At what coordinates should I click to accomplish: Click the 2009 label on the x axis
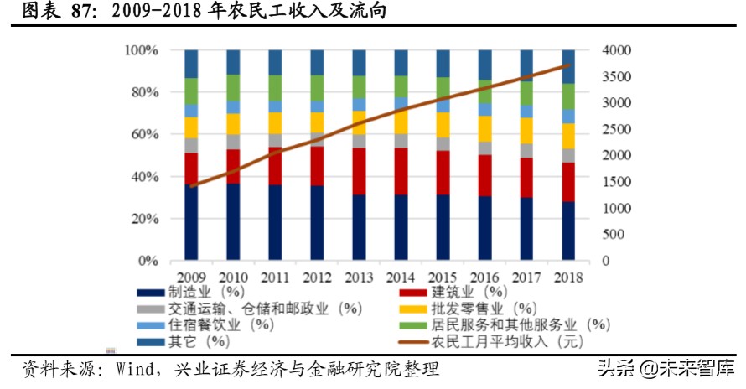[192, 276]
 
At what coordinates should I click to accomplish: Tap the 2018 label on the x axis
[568, 276]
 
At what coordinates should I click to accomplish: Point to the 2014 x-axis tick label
[401, 276]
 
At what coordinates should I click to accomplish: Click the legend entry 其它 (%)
[199, 341]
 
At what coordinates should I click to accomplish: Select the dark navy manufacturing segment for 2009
[192, 222]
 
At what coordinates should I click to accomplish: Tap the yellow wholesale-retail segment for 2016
[484, 128]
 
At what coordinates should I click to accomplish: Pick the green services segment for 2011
[275, 88]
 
